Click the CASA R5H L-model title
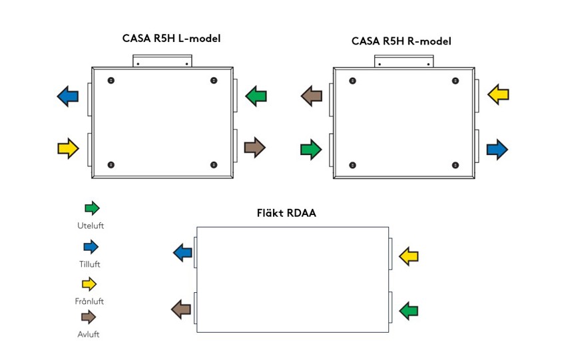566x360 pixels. pyautogui.click(x=171, y=39)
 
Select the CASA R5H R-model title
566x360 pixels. pyautogui.click(x=401, y=41)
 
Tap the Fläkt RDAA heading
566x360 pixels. pyautogui.click(x=286, y=214)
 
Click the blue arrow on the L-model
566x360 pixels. pyautogui.click(x=67, y=96)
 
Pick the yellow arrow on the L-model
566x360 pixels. pyautogui.click(x=68, y=148)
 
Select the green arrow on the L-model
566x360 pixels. pyautogui.click(x=256, y=96)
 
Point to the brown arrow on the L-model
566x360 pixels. pyautogui.click(x=254, y=147)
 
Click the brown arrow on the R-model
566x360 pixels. pyautogui.click(x=311, y=96)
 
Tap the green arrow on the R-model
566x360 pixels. pyautogui.click(x=311, y=149)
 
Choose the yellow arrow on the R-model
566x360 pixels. pyautogui.click(x=498, y=94)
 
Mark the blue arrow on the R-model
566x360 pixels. pyautogui.click(x=497, y=148)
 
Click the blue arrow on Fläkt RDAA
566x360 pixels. pyautogui.click(x=182, y=252)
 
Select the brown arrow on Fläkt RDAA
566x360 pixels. pyautogui.click(x=182, y=309)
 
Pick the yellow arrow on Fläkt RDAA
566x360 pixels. pyautogui.click(x=408, y=256)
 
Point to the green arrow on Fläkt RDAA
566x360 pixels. pyautogui.click(x=408, y=309)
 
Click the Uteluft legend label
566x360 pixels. pyautogui.click(x=91, y=226)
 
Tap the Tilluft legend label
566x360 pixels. pyautogui.click(x=90, y=264)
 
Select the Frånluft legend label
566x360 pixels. pyautogui.click(x=90, y=301)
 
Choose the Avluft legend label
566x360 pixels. pyautogui.click(x=89, y=334)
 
